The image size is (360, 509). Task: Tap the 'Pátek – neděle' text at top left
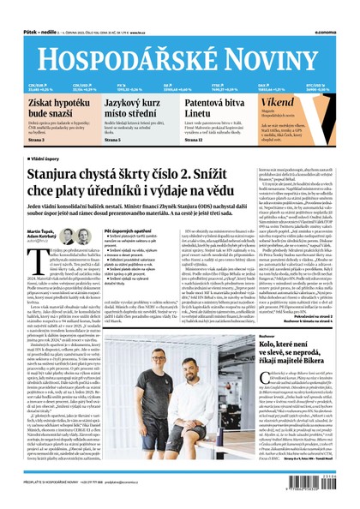[26, 8]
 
